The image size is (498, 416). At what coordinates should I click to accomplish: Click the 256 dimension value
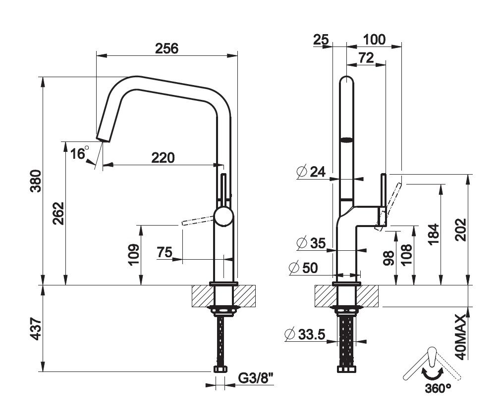[166, 48]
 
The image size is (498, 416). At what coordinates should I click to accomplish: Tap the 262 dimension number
[58, 213]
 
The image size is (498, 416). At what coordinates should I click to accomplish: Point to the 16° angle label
[79, 153]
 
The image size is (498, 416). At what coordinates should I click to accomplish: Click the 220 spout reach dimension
[163, 158]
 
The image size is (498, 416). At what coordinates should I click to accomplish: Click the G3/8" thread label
[256, 379]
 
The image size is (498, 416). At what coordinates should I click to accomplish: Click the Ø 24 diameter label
[311, 172]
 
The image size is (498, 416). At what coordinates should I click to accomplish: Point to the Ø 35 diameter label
[311, 243]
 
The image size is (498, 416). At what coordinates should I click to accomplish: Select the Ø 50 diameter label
[303, 268]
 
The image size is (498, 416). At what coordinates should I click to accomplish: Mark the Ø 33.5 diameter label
[305, 334]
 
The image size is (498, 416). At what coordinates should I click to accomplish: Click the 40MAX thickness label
[461, 336]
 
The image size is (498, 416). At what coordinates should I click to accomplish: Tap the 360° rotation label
[438, 388]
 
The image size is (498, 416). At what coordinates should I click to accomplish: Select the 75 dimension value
[165, 252]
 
